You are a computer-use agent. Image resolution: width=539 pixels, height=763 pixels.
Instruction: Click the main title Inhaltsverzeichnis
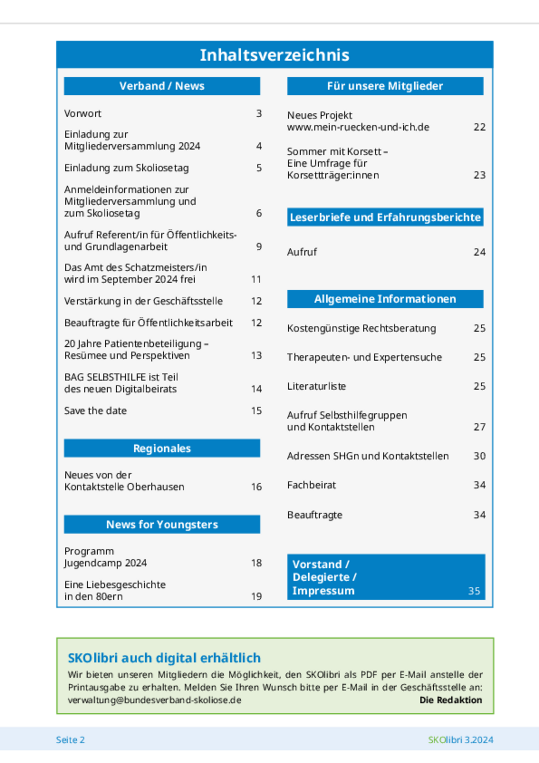pyautogui.click(x=275, y=55)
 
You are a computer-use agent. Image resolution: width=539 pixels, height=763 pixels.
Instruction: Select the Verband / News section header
pyautogui.click(x=162, y=86)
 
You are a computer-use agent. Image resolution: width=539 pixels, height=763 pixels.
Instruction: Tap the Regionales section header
pyautogui.click(x=162, y=448)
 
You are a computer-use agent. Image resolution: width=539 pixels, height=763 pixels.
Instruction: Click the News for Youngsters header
pyautogui.click(x=162, y=525)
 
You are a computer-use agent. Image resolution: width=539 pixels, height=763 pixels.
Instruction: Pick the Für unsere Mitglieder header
pyautogui.click(x=385, y=86)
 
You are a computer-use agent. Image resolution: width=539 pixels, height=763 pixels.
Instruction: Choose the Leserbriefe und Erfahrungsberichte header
pyautogui.click(x=385, y=217)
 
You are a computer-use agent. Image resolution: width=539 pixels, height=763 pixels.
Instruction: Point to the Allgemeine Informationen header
pyautogui.click(x=385, y=299)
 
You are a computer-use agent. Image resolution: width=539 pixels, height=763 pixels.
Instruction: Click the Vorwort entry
pyautogui.click(x=83, y=114)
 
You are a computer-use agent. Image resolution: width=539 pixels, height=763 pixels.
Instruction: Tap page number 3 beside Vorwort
pyautogui.click(x=259, y=114)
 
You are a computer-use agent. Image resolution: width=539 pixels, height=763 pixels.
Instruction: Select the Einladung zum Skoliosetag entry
pyautogui.click(x=126, y=168)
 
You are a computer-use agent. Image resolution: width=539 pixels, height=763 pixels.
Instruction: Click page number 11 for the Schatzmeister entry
pyautogui.click(x=256, y=280)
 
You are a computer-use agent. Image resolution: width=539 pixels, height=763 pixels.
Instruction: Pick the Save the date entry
pyautogui.click(x=95, y=411)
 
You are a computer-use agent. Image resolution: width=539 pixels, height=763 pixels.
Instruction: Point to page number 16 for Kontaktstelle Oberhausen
pyautogui.click(x=256, y=487)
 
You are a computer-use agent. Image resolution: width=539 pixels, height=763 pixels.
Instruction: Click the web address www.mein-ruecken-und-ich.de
pyautogui.click(x=358, y=127)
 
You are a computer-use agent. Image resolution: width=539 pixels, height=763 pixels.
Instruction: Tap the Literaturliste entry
pyautogui.click(x=316, y=386)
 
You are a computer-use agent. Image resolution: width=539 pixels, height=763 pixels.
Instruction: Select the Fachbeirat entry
pyautogui.click(x=311, y=485)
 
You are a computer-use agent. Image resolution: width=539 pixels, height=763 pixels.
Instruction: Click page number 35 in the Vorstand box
pyautogui.click(x=474, y=591)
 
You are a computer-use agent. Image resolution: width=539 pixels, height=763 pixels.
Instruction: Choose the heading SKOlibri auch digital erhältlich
pyautogui.click(x=164, y=658)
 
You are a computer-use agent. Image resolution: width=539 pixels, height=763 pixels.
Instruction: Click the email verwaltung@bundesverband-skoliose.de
pyautogui.click(x=155, y=700)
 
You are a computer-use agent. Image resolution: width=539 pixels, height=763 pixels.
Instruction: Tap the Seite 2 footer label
pyautogui.click(x=70, y=740)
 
